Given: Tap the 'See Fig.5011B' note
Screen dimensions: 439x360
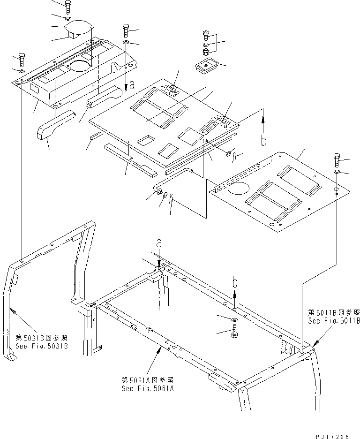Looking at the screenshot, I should (334, 321).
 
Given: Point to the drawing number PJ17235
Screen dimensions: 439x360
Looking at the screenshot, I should (333, 435).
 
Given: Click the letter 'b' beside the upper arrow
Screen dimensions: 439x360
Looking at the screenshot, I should (263, 141).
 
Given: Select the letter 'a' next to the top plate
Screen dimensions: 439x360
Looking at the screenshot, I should (132, 85).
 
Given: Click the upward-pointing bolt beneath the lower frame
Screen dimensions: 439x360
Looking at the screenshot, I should (234, 332).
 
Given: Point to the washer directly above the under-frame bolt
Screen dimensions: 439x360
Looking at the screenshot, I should (234, 319).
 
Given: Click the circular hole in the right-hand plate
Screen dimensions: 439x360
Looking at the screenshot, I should (240, 190).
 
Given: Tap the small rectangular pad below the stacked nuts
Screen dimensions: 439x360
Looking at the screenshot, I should (206, 66).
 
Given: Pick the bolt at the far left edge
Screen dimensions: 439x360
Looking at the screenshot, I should (22, 60).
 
